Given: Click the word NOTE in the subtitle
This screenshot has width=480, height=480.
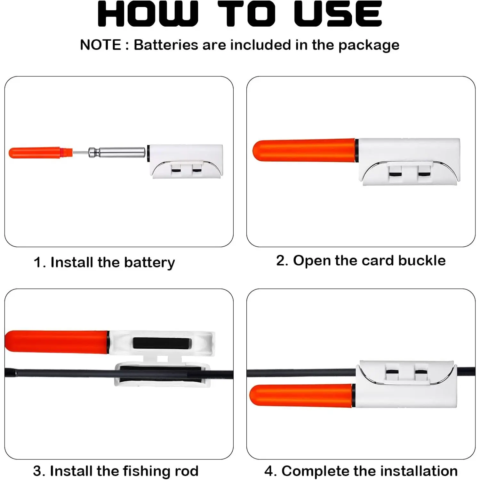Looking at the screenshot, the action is point(100,45).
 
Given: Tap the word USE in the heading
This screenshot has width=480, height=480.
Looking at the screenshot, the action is point(338,14).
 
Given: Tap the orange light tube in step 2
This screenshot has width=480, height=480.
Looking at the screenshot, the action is point(304,150).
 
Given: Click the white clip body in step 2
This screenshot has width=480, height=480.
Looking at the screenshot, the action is point(409,162).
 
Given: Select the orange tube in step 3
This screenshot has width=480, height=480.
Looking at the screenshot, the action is point(57,342).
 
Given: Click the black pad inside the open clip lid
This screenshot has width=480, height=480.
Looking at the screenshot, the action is point(162,343).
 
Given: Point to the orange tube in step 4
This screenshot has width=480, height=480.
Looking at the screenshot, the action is point(301,396).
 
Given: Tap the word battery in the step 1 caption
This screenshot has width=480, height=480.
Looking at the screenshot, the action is point(149,263).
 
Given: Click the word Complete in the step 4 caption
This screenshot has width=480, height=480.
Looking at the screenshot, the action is point(316,471).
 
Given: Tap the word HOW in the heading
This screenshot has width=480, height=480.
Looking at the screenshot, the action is point(148,14).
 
